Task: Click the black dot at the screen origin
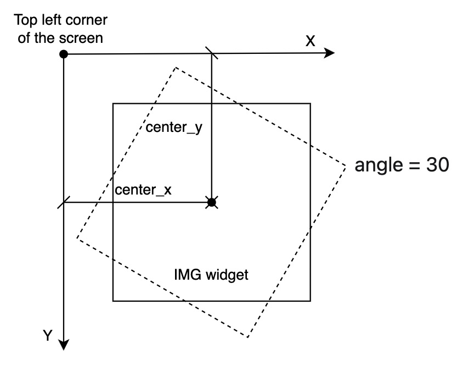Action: click(x=64, y=54)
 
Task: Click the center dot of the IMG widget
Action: click(x=212, y=203)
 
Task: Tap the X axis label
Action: click(x=310, y=41)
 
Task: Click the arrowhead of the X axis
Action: click(x=330, y=53)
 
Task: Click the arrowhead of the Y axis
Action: click(x=64, y=344)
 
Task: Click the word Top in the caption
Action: click(x=26, y=21)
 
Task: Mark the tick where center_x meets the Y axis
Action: click(x=64, y=203)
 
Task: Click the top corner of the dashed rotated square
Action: click(x=176, y=68)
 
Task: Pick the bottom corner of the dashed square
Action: click(x=249, y=337)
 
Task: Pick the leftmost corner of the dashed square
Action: click(x=76, y=238)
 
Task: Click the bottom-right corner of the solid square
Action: click(x=310, y=301)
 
